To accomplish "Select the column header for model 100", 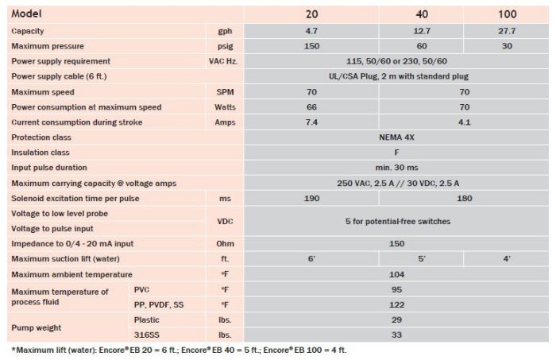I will tap(508, 14).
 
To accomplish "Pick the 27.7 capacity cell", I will tap(508, 30).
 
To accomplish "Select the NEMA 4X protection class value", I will tap(400, 137).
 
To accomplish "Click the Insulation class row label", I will tap(41, 153).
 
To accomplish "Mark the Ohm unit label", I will tap(225, 243).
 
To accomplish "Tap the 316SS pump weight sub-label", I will tap(146, 335).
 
